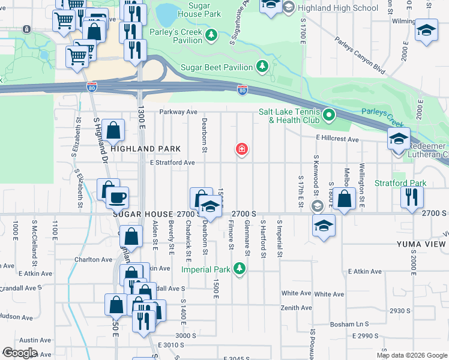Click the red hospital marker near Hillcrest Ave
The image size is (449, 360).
tap(242, 148)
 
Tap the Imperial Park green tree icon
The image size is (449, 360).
tap(240, 268)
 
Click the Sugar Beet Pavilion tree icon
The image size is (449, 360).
tap(262, 66)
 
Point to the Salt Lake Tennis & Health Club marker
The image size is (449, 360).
tap(328, 114)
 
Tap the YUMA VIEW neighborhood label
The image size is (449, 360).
tap(421, 244)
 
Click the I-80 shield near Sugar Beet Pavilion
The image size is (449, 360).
tap(242, 91)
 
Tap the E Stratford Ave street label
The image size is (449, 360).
tap(173, 163)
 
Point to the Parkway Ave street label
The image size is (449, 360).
tap(178, 112)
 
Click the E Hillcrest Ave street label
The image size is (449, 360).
tap(337, 139)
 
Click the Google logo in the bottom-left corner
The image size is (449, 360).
tap(20, 353)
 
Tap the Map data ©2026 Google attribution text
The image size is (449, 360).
tap(412, 355)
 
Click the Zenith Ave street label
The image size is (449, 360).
tap(297, 308)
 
